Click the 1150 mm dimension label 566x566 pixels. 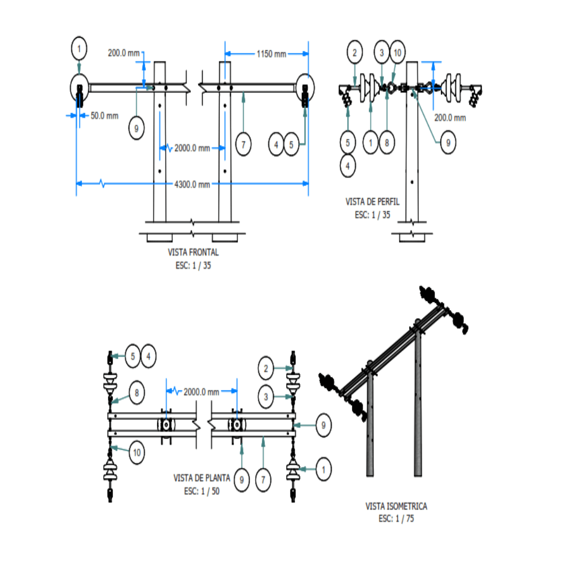tap(271, 53)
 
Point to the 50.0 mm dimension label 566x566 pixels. tap(104, 115)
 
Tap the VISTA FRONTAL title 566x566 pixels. tap(193, 252)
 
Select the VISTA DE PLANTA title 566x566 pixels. tap(201, 478)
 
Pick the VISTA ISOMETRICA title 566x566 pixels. tap(396, 506)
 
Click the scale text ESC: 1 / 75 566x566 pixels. tap(396, 519)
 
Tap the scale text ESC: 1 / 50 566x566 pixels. tap(202, 491)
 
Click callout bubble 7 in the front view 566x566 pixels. tap(243, 144)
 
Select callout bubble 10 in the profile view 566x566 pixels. tap(397, 52)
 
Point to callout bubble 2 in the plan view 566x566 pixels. tap(266, 368)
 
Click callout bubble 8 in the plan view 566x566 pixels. tap(137, 393)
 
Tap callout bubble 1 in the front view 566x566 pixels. tap(79, 49)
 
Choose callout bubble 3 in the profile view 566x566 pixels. tap(382, 52)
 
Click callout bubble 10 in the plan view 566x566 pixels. tap(136, 452)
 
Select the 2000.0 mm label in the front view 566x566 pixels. tap(192, 148)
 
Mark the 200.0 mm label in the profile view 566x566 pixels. tap(450, 118)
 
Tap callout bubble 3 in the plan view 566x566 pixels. tap(266, 397)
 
